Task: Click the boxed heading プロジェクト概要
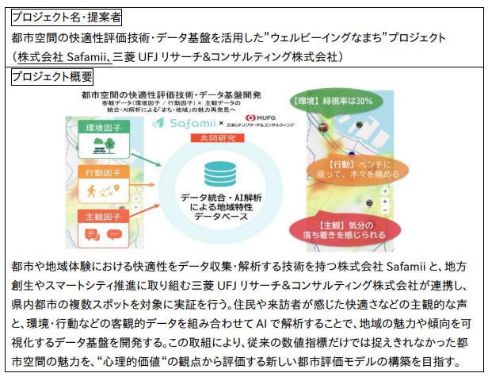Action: (x=51, y=76)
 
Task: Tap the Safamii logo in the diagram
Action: (x=197, y=125)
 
